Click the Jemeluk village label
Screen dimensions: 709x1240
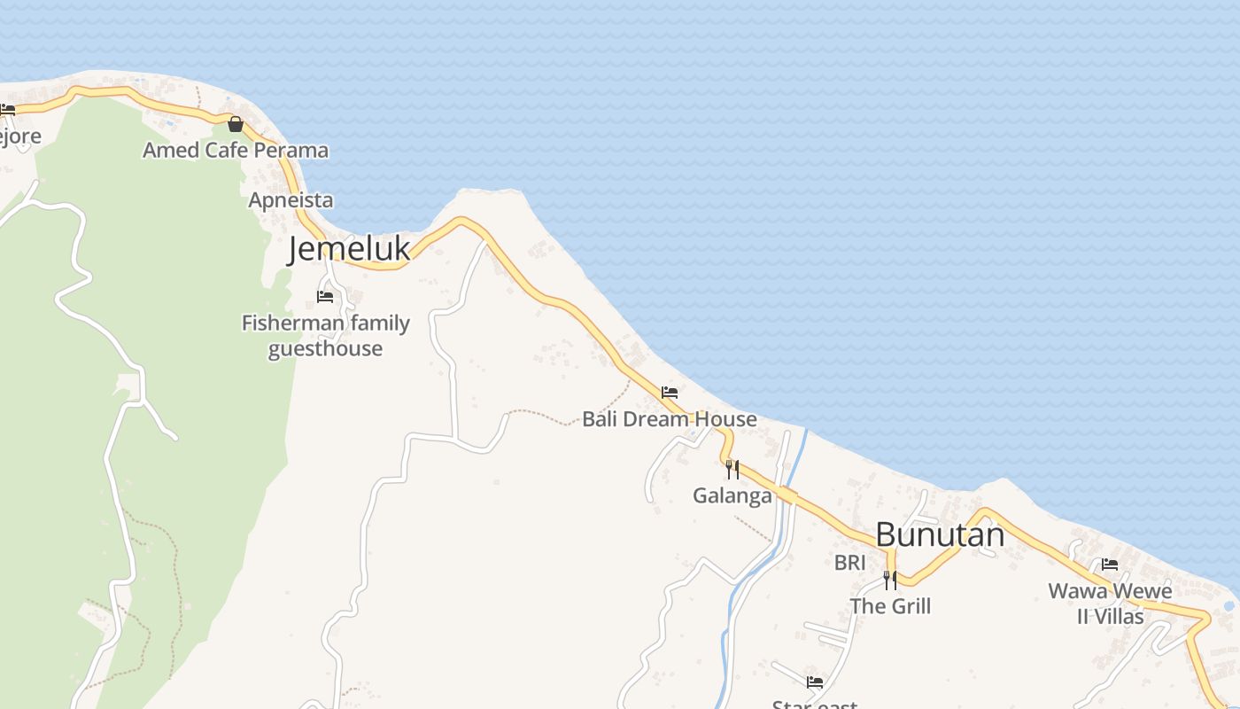click(x=349, y=249)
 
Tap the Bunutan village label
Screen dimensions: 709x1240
click(x=940, y=534)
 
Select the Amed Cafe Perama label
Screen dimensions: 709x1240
click(x=236, y=150)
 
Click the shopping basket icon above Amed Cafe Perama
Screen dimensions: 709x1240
click(x=235, y=124)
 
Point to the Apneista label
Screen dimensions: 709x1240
click(x=291, y=200)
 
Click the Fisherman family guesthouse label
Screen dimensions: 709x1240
click(x=326, y=335)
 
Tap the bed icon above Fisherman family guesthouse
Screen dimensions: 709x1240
click(x=325, y=297)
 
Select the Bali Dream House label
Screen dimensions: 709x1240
click(x=670, y=418)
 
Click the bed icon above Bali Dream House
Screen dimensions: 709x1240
click(x=670, y=392)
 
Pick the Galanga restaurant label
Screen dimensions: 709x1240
click(x=732, y=495)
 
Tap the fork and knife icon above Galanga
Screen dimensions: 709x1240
click(x=732, y=469)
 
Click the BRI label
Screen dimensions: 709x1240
click(x=849, y=562)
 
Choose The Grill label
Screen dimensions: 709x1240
click(x=890, y=606)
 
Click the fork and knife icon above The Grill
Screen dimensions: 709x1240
click(x=890, y=580)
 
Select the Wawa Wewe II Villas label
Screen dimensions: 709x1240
click(x=1110, y=603)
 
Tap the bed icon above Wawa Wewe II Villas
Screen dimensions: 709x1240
click(x=1110, y=565)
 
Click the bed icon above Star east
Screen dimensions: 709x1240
click(x=815, y=682)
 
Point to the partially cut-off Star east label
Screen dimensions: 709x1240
click(x=815, y=704)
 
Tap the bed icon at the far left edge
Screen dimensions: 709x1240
click(x=7, y=110)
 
